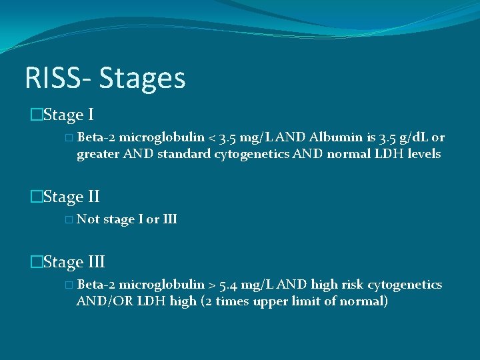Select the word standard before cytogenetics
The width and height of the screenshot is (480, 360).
click(184, 155)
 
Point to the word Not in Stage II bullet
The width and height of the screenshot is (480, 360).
click(88, 219)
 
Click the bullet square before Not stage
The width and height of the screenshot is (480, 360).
click(70, 219)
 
